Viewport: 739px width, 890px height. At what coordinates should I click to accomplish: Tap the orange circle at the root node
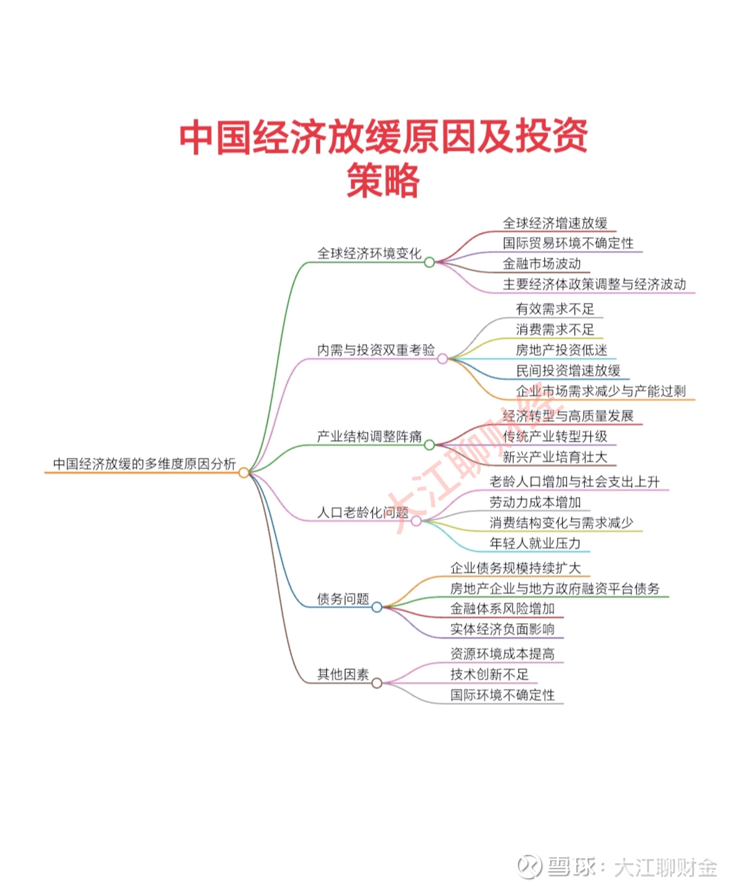point(244,472)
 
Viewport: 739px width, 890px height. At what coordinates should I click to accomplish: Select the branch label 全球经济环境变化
point(369,253)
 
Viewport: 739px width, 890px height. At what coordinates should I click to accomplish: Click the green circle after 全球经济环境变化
point(429,262)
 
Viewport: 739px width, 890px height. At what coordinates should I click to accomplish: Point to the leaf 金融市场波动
point(541,264)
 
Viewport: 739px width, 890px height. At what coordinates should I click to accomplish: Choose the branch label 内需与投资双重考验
point(376,350)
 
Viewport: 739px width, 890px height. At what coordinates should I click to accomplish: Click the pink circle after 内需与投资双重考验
point(442,359)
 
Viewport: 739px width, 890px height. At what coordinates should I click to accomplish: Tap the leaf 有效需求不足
point(555,309)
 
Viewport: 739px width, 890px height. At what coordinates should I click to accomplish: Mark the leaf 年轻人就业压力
point(535,543)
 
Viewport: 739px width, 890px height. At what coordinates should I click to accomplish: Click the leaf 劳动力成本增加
point(535,502)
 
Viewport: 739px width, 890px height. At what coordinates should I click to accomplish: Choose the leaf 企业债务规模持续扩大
point(515,568)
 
